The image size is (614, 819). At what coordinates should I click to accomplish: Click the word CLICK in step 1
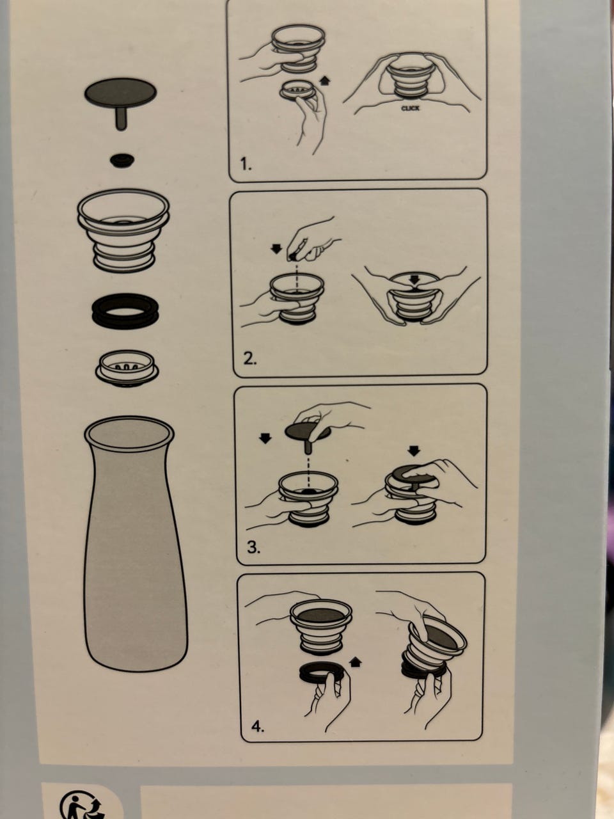click(410, 108)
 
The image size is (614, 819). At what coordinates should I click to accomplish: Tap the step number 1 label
click(246, 164)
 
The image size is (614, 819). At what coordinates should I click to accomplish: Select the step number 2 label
click(250, 358)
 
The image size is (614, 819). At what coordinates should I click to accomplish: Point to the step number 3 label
click(253, 548)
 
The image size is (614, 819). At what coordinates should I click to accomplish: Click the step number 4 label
click(258, 726)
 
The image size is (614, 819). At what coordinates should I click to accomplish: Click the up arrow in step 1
click(325, 80)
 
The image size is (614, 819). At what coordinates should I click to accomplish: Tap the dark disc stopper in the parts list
click(120, 93)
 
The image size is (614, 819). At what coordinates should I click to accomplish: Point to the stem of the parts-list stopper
click(120, 118)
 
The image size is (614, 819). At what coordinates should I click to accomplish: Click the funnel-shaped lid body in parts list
click(123, 230)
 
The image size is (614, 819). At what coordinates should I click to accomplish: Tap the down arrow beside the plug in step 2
click(276, 248)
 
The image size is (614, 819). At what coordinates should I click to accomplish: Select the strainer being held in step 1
click(297, 90)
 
